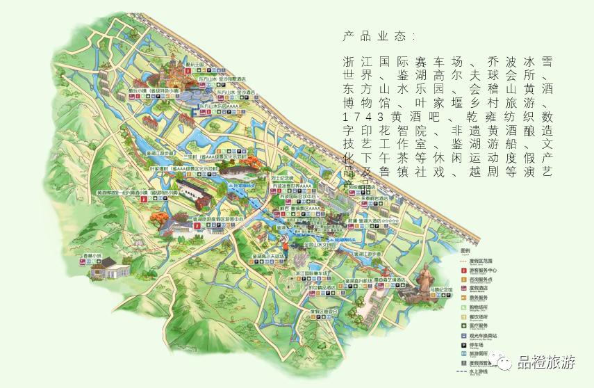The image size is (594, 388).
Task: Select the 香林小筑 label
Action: point(92,256)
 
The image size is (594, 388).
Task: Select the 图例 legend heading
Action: point(465,250)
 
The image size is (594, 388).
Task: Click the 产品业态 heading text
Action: point(378,35)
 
